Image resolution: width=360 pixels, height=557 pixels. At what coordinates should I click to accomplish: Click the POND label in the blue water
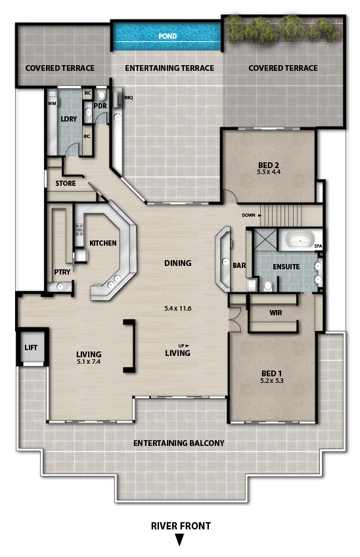pyautogui.click(x=168, y=36)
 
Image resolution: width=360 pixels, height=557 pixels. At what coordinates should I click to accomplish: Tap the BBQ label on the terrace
pyautogui.click(x=129, y=98)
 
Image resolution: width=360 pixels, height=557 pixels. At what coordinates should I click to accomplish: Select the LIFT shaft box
pyautogui.click(x=32, y=347)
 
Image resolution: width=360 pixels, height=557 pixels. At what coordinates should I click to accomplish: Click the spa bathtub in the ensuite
pyautogui.click(x=300, y=240)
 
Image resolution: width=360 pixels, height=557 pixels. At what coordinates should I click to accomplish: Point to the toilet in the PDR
pyautogui.click(x=101, y=95)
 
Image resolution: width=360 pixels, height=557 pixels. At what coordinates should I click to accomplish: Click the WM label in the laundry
pyautogui.click(x=52, y=103)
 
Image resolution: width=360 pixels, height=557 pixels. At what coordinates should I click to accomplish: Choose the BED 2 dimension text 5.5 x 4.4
pyautogui.click(x=269, y=172)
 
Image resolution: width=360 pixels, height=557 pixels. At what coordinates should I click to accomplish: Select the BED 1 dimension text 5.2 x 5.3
pyautogui.click(x=271, y=381)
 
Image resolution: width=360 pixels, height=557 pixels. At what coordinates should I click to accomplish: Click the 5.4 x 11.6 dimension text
pyautogui.click(x=177, y=308)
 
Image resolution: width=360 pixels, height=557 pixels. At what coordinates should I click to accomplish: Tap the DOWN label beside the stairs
pyautogui.click(x=249, y=215)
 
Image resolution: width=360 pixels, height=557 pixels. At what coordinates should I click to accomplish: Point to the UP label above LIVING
pyautogui.click(x=181, y=345)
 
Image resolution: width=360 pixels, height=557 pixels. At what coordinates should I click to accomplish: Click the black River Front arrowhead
pyautogui.click(x=180, y=541)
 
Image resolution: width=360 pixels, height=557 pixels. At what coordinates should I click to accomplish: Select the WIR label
pyautogui.click(x=276, y=313)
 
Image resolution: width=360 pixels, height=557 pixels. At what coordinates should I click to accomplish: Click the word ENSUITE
pyautogui.click(x=286, y=267)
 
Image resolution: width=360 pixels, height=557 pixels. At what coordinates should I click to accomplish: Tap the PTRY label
pyautogui.click(x=62, y=272)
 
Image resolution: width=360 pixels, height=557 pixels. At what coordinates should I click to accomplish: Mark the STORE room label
pyautogui.click(x=66, y=183)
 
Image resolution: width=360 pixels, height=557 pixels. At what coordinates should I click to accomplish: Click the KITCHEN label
pyautogui.click(x=103, y=243)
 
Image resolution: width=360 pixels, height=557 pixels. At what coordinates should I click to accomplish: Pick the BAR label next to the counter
pyautogui.click(x=239, y=265)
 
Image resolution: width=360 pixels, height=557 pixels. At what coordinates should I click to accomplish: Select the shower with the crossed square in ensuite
pyautogui.click(x=265, y=240)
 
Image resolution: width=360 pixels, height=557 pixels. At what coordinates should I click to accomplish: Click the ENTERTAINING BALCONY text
pyautogui.click(x=179, y=443)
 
